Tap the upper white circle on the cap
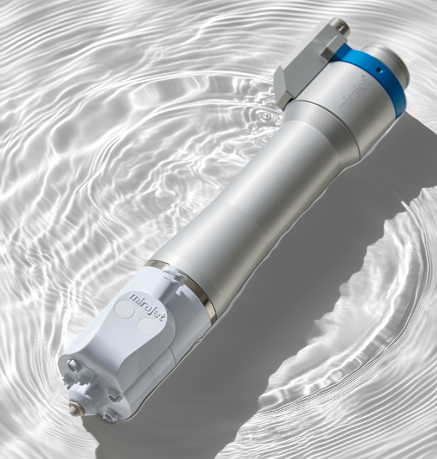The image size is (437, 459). pyautogui.click(x=124, y=310)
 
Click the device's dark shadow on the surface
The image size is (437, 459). pyautogui.click(x=306, y=287)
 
